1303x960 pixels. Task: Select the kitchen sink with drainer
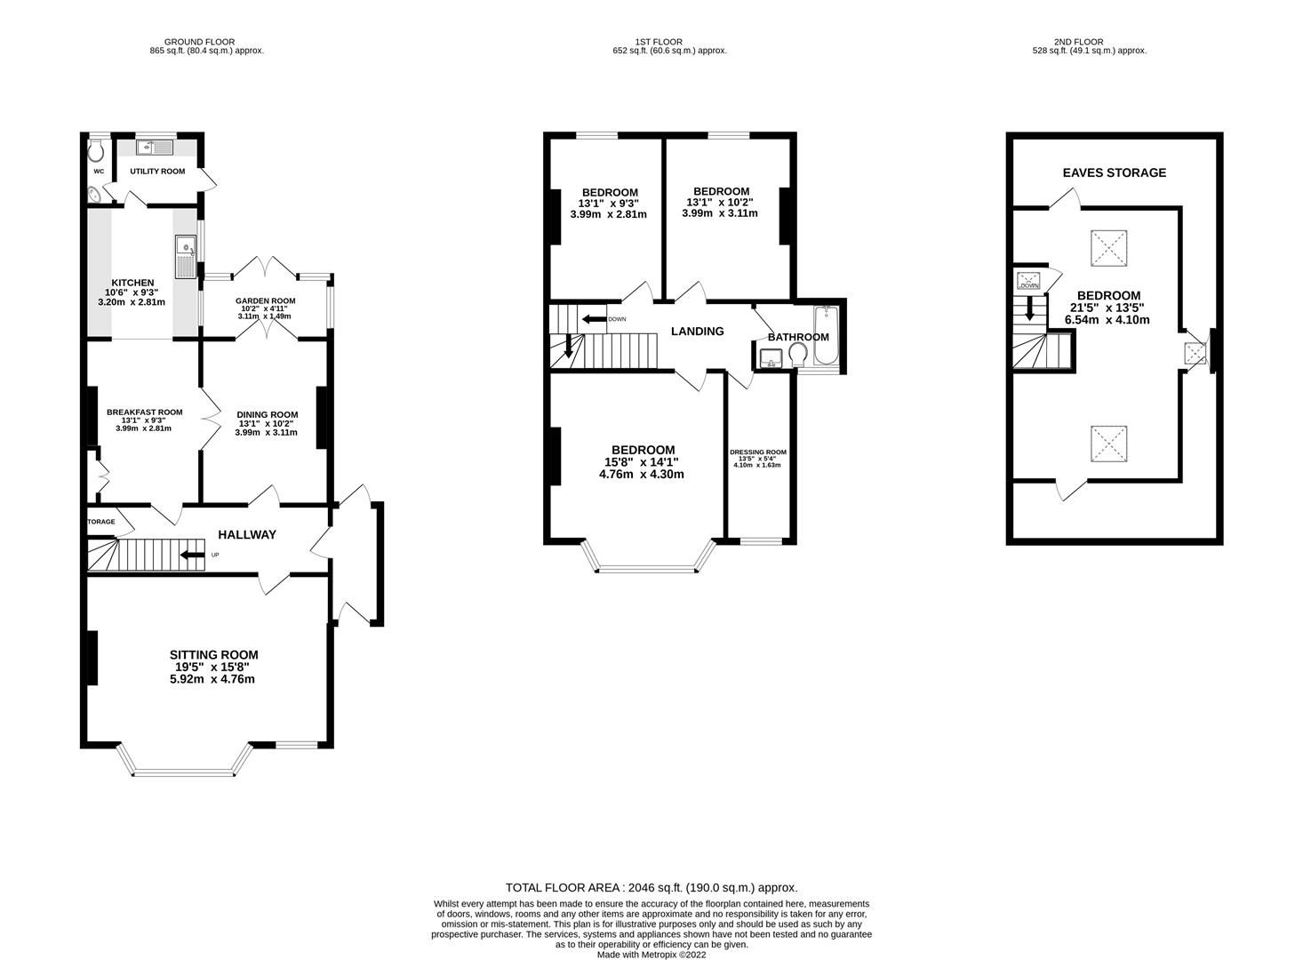coord(186,257)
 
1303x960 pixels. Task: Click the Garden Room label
coord(265,300)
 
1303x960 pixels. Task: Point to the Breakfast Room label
coord(144,412)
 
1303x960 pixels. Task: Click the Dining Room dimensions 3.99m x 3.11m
coord(266,432)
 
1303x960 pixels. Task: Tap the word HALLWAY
coord(247,535)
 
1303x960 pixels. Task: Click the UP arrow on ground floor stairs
coord(193,555)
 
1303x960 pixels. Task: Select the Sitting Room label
coord(214,654)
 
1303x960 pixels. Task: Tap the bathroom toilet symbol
coord(798,355)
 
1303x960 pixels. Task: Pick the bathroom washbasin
coord(771,358)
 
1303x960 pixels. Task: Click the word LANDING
coord(698,331)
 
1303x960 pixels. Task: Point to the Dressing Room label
coord(758,452)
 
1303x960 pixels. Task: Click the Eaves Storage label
coord(1114,172)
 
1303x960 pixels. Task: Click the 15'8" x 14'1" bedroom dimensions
coord(642,462)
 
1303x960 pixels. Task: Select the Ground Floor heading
coord(199,42)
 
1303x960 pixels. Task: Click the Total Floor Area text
coord(651,888)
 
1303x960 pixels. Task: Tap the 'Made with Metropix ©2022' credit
coord(651,955)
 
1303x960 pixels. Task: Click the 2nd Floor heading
coord(1078,42)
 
